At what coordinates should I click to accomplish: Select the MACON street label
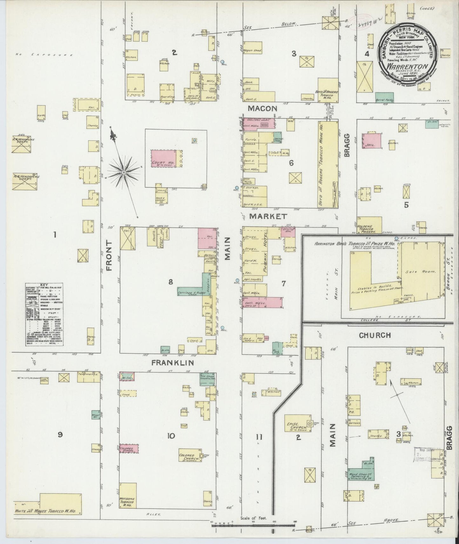[x=262, y=109]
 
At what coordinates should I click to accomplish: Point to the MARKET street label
[x=268, y=216]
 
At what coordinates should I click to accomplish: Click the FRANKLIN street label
[x=172, y=362]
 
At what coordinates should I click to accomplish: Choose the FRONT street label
[x=110, y=255]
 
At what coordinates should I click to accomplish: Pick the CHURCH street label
[x=375, y=335]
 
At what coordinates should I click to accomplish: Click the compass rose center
[x=124, y=172]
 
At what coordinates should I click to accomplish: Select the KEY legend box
[x=44, y=315]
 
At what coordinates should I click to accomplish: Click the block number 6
[x=291, y=163]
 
